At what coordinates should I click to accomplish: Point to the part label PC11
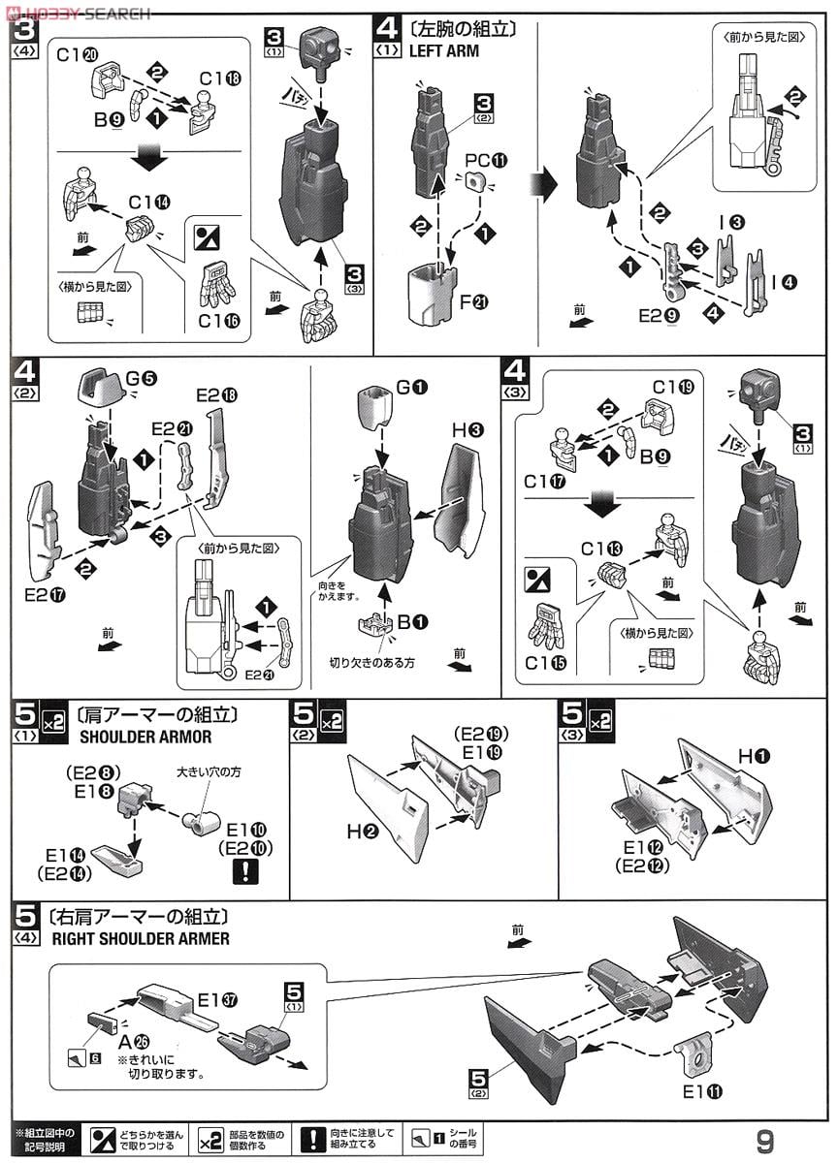click(486, 158)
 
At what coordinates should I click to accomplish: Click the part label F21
click(474, 303)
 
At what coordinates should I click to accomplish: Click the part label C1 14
click(148, 203)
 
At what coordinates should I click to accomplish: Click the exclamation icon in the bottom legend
click(310, 1138)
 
